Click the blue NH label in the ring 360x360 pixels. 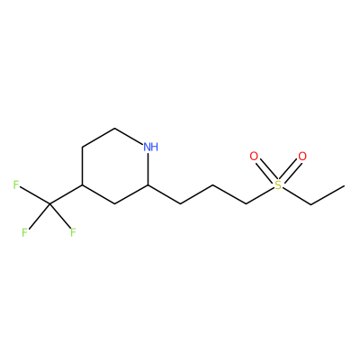coord(150,147)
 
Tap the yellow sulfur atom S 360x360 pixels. coord(278,185)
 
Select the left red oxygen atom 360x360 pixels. coord(254,157)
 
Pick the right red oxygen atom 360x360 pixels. coord(302,157)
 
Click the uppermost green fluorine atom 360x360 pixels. coord(16,185)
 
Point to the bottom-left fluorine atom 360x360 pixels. coord(24,232)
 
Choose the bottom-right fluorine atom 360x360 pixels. coord(73,232)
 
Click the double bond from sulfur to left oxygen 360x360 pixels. coord(266,171)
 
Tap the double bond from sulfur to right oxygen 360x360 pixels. coord(291,171)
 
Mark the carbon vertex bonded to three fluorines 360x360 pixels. coord(49,204)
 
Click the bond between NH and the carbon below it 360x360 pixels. coord(148,169)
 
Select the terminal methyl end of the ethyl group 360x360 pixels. coord(344,185)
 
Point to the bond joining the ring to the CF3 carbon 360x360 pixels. coord(66,194)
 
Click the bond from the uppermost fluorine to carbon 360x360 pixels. coord(35,196)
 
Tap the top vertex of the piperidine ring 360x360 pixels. coord(115,129)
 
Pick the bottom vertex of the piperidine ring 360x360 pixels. coord(115,204)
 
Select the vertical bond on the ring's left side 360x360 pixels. coord(83,166)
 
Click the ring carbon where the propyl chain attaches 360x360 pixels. coord(148,185)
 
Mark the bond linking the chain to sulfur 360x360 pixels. coord(260,196)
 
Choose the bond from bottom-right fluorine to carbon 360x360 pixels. coord(60,216)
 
